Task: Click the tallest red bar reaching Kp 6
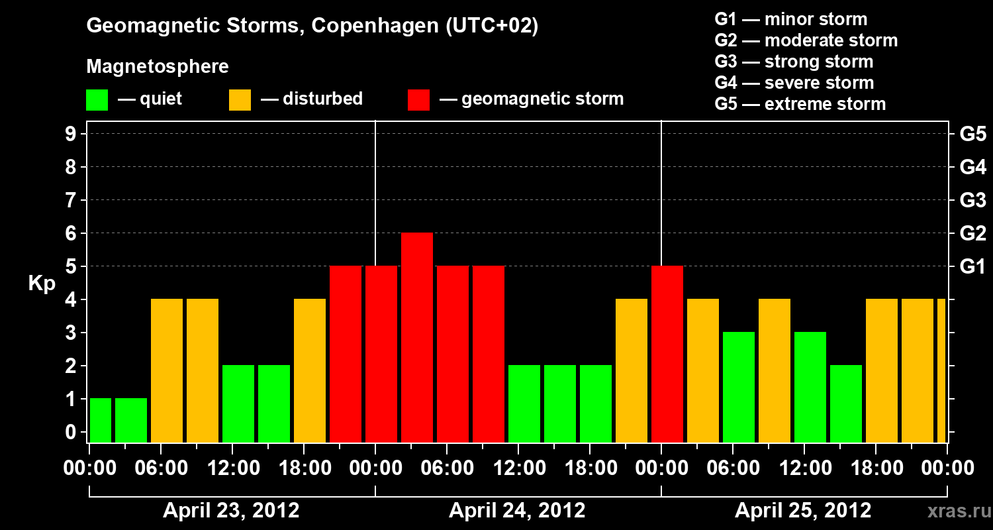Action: click(x=417, y=338)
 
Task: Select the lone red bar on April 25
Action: click(x=667, y=354)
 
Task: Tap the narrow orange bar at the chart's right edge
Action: click(x=941, y=371)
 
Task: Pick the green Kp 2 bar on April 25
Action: click(x=846, y=403)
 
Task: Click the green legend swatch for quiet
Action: click(x=97, y=100)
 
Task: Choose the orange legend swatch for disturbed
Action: click(x=240, y=100)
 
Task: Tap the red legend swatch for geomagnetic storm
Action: click(x=418, y=100)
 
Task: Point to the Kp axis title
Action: click(x=42, y=283)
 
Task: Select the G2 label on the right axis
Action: click(x=972, y=234)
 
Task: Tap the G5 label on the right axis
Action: click(x=972, y=134)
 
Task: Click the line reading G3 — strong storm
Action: click(x=794, y=62)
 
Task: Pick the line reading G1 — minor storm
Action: click(x=790, y=19)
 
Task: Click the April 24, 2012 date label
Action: click(x=517, y=511)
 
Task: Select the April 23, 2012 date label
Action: click(x=231, y=511)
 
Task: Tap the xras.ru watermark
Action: click(x=954, y=511)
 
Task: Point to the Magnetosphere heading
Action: click(x=158, y=67)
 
